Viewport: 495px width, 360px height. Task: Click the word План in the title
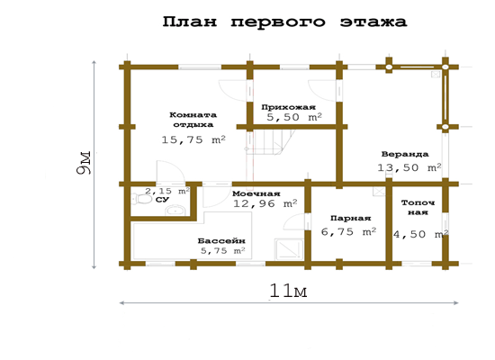190,22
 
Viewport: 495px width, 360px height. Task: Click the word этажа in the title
373,22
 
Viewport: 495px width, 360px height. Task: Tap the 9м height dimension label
84,163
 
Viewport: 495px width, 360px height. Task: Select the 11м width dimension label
288,291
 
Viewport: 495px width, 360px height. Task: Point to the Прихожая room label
288,107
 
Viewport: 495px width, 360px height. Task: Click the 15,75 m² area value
193,139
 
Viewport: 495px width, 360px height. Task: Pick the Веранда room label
405,154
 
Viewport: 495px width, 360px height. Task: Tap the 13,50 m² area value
409,167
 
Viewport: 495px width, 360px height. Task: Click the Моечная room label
256,193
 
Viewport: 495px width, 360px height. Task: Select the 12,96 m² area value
265,203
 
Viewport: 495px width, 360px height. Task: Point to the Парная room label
350,218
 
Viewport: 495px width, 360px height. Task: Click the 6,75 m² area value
348,232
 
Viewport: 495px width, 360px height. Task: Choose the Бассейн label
221,241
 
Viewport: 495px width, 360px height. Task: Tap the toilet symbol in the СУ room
141,199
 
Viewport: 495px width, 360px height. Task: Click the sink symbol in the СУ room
175,210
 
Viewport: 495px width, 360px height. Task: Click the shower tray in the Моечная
289,248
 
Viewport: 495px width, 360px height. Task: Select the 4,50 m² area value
421,234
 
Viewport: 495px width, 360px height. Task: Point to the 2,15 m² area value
167,191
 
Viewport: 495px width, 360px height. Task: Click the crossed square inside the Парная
379,192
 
